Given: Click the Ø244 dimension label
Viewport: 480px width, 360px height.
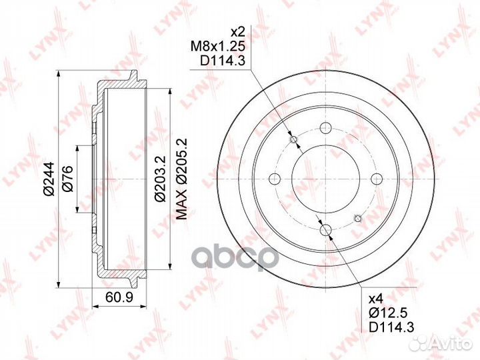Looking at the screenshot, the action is pyautogui.click(x=49, y=179).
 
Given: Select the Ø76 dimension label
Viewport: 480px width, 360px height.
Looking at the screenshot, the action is pyautogui.click(x=67, y=179).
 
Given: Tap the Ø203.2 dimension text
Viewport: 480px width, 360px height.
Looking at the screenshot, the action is pyautogui.click(x=160, y=179).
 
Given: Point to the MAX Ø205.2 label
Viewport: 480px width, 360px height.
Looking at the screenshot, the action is pyautogui.click(x=182, y=179).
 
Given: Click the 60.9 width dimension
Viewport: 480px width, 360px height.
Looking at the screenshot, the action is pyautogui.click(x=119, y=297).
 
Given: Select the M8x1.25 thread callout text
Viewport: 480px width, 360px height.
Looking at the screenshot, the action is pyautogui.click(x=218, y=46).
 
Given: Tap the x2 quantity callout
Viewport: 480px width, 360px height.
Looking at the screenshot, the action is pyautogui.click(x=238, y=32).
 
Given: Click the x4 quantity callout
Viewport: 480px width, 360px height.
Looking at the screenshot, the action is pyautogui.click(x=377, y=299).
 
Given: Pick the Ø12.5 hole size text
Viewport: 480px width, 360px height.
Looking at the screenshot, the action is pyautogui.click(x=388, y=313).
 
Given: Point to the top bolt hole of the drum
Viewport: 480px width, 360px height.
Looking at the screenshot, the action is pyautogui.click(x=325, y=127).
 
